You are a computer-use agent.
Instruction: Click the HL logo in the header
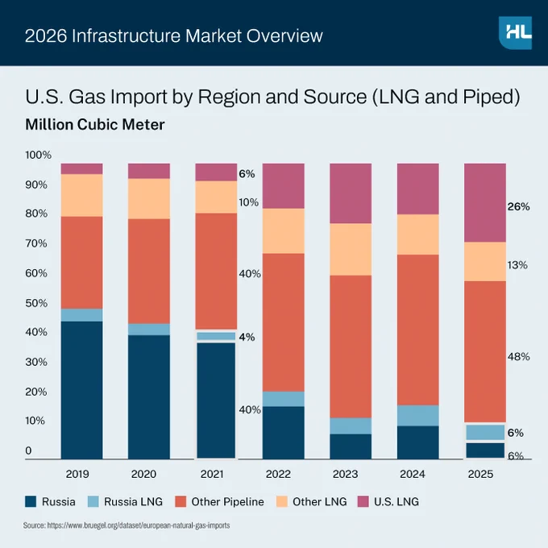tap(516, 33)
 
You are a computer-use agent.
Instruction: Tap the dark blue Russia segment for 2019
tap(81, 390)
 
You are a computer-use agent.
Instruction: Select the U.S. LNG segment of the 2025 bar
tap(485, 203)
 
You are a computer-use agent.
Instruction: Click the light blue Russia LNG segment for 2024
tap(418, 416)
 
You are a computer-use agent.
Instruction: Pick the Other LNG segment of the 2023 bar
tap(351, 250)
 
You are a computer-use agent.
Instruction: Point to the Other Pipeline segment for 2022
tap(284, 322)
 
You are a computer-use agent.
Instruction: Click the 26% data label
tap(519, 206)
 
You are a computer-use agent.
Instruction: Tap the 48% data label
tap(519, 356)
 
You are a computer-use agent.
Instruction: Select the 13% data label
tap(517, 265)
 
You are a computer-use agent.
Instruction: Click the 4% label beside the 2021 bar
tap(247, 337)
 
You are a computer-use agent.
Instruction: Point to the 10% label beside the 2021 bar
tap(249, 202)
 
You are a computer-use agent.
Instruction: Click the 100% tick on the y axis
tap(39, 155)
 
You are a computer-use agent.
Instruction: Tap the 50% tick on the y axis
tap(36, 303)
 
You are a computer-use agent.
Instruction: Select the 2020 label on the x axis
tap(143, 474)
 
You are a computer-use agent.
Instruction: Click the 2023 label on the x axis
tap(345, 474)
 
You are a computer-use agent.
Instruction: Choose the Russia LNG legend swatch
tap(93, 501)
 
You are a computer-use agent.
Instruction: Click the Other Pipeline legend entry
tap(219, 501)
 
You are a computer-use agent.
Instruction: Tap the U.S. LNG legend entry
tap(388, 501)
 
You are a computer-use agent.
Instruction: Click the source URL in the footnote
tap(139, 525)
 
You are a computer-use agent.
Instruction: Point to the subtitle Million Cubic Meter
tap(95, 124)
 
